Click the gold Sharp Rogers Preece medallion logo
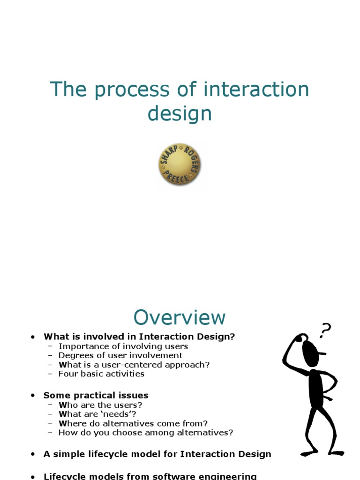(180, 165)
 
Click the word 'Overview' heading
(180, 318)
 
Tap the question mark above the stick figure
(325, 330)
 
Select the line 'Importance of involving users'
(123, 346)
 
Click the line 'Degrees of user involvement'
(120, 355)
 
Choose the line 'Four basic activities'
(101, 374)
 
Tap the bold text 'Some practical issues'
(96, 395)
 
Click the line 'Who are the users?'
(100, 405)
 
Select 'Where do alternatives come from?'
(133, 423)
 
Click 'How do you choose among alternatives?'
(145, 433)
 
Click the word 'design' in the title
(180, 114)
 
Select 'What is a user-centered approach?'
(134, 365)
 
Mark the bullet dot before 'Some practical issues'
(33, 396)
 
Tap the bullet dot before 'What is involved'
(33, 337)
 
